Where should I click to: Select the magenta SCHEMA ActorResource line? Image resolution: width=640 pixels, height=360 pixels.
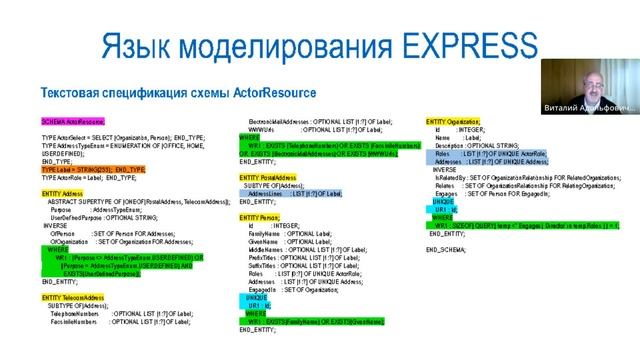pyautogui.click(x=73, y=120)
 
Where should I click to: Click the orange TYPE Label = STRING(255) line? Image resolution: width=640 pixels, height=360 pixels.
pyautogui.click(x=85, y=169)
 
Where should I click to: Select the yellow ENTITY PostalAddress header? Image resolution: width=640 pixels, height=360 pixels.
pyautogui.click(x=270, y=176)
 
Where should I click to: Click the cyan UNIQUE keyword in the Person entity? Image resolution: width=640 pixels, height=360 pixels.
pyautogui.click(x=257, y=298)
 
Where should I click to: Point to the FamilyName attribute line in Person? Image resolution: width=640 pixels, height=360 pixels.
pyautogui.click(x=290, y=233)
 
